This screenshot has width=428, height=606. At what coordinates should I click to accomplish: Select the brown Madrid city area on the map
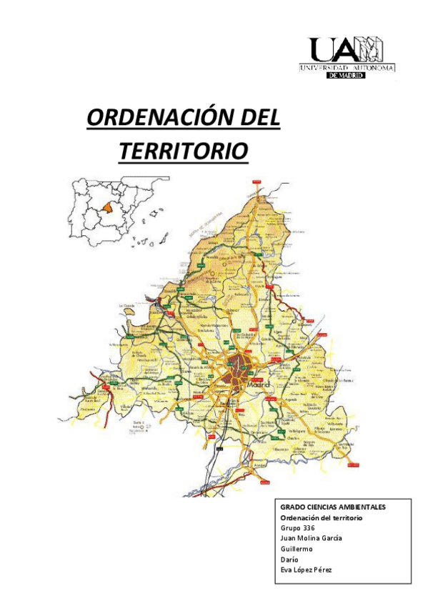(237, 371)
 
